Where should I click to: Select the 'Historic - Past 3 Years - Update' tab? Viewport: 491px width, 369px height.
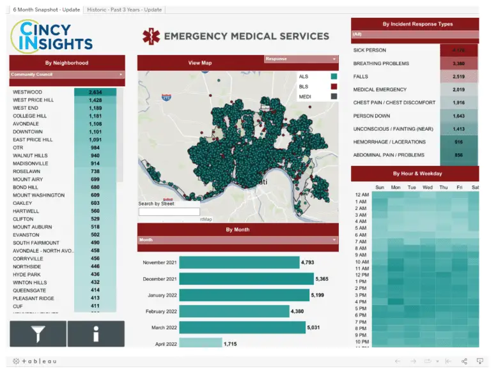(124, 10)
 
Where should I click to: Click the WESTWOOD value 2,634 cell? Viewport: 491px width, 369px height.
(95, 92)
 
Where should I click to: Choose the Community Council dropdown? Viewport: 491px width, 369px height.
(67, 74)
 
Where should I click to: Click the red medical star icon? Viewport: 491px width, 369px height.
(152, 36)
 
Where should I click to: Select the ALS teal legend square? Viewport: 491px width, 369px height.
(333, 77)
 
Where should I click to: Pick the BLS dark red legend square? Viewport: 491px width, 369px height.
(333, 86)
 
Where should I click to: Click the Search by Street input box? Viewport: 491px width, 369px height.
(169, 212)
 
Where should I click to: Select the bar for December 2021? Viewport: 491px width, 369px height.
(245, 279)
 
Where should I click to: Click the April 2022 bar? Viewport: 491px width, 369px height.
(200, 343)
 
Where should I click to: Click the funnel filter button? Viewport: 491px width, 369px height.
(38, 334)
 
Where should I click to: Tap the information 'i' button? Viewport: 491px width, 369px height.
(96, 334)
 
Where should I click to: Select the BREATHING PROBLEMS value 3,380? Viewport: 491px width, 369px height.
(458, 64)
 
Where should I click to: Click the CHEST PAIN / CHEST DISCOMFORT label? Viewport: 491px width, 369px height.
(394, 103)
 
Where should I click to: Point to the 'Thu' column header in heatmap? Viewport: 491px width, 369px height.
(444, 188)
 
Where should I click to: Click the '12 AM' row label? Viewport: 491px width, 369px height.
(361, 195)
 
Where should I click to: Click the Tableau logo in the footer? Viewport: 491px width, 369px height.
(35, 361)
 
